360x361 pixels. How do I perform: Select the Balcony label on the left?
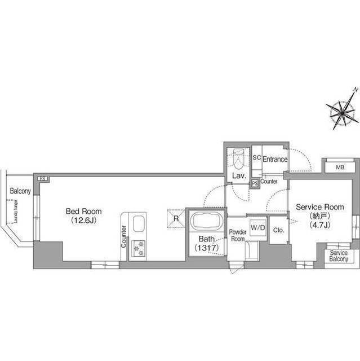20,191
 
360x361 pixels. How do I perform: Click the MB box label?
340,168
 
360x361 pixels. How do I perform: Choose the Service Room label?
319,207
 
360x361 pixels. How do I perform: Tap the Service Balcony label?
339,256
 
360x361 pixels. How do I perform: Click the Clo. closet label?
278,230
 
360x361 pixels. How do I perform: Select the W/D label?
257,227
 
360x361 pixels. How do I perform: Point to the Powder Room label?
237,235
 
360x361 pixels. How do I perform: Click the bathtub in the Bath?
206,220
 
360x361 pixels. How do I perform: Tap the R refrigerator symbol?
176,218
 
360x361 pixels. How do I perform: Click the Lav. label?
238,177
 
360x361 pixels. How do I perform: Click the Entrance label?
275,160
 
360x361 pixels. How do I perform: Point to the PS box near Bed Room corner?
43,179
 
